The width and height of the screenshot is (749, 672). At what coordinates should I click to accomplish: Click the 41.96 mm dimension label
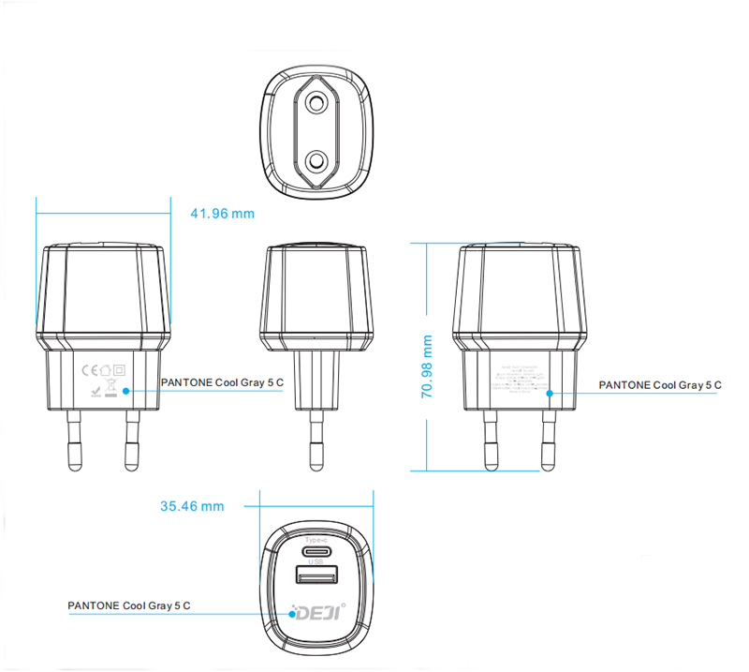pyautogui.click(x=222, y=214)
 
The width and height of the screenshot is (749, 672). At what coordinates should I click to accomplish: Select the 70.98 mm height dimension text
pyautogui.click(x=427, y=367)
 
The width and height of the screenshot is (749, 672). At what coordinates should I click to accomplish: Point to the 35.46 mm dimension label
pyautogui.click(x=192, y=506)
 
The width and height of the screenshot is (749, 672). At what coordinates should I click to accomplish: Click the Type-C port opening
pyautogui.click(x=314, y=551)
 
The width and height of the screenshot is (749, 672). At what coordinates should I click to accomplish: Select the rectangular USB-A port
pyautogui.click(x=314, y=576)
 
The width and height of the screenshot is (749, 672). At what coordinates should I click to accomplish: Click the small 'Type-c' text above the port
pyautogui.click(x=314, y=540)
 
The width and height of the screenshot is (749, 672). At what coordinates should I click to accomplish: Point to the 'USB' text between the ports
pyautogui.click(x=314, y=561)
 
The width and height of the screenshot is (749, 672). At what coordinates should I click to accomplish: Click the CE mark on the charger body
pyautogui.click(x=90, y=368)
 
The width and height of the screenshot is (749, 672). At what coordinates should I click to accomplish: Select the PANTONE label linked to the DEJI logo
pyautogui.click(x=129, y=605)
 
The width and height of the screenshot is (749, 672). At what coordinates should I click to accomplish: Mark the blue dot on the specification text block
pyautogui.click(x=549, y=394)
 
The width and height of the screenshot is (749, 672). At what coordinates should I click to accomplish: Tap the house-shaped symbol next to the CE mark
pyautogui.click(x=105, y=368)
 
